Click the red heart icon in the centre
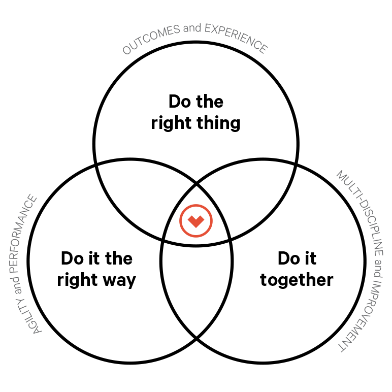(195, 220)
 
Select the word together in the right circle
(297, 280)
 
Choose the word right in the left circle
(76, 280)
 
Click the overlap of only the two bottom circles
(197, 284)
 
